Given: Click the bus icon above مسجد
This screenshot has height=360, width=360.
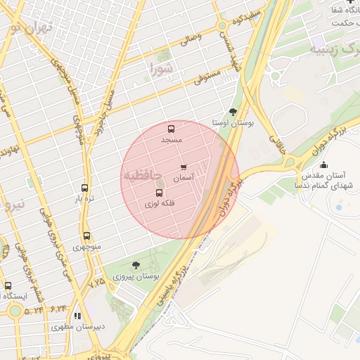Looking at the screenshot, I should [x=171, y=129].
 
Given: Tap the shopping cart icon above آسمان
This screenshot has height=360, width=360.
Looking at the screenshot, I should [x=184, y=167].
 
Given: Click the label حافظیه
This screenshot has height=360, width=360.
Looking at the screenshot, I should [x=143, y=174].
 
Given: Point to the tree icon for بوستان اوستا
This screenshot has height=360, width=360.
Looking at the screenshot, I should [x=233, y=111].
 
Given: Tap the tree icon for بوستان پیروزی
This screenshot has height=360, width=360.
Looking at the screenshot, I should [x=136, y=265].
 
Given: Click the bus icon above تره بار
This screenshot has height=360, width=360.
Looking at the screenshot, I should [x=85, y=188].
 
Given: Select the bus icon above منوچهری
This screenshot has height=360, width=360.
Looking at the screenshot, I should [x=87, y=237].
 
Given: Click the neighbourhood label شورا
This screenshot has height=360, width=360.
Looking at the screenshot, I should [x=161, y=69].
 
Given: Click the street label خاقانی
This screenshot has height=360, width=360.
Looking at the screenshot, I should [x=277, y=146].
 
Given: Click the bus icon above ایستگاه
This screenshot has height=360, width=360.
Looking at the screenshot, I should [x=8, y=286].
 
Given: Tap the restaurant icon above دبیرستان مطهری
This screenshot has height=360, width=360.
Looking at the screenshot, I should [x=78, y=316].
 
